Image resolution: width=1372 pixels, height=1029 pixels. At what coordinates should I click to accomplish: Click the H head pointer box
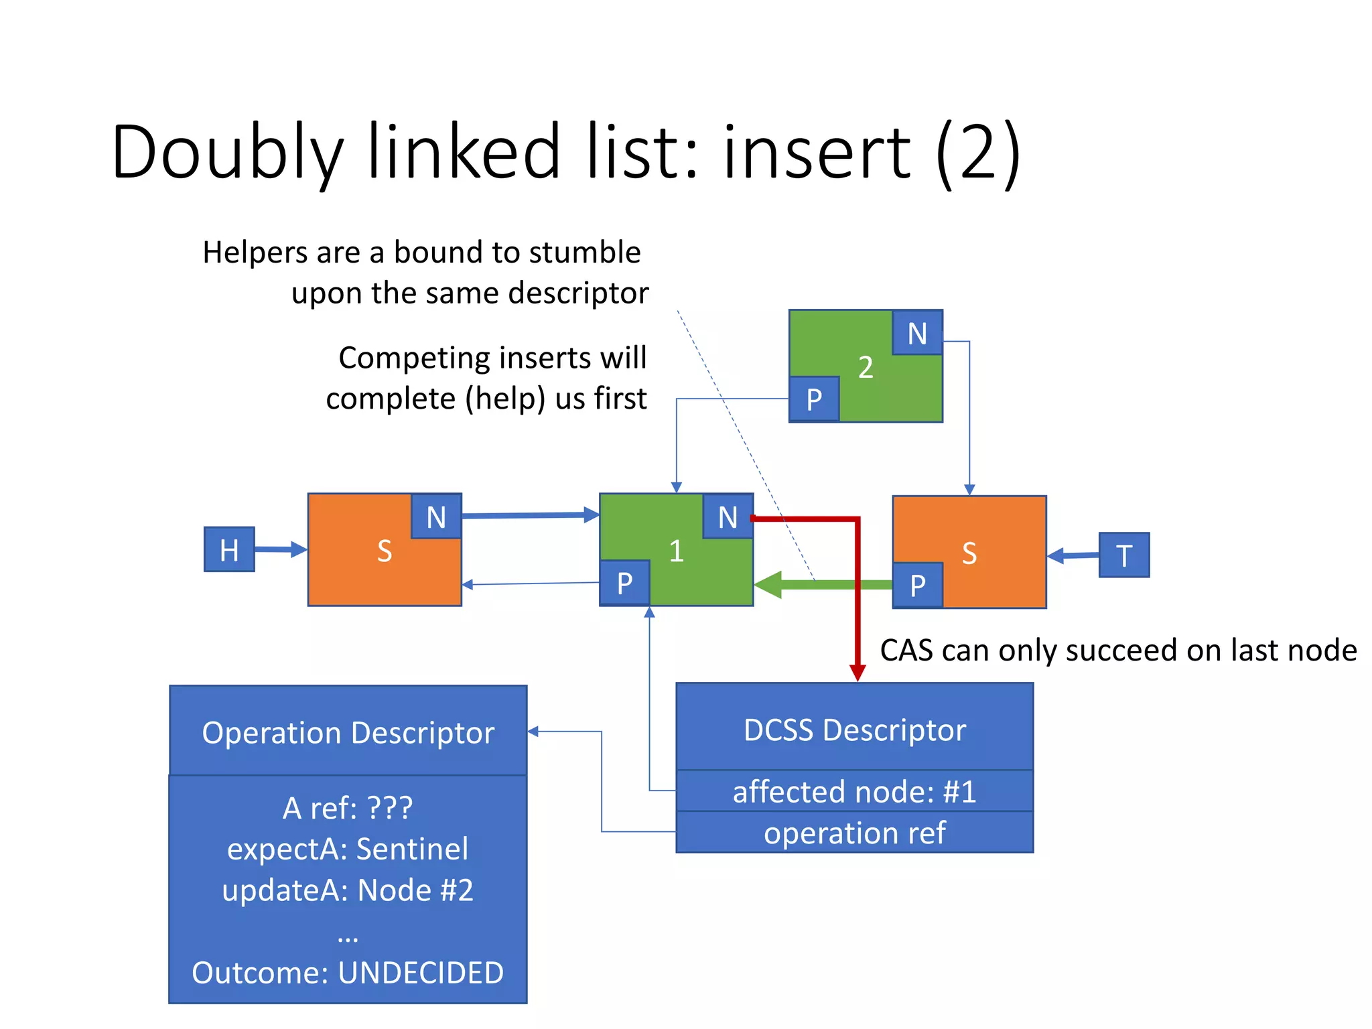(x=229, y=549)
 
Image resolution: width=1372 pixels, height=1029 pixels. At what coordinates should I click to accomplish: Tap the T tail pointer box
(x=1123, y=555)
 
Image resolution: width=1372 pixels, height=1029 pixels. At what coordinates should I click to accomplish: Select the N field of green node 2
(x=917, y=333)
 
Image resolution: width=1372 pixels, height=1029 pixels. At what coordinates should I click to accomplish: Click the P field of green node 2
(x=814, y=399)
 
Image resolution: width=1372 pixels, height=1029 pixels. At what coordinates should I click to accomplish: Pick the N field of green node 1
(x=728, y=517)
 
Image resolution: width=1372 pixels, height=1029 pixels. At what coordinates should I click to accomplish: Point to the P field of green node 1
(x=624, y=583)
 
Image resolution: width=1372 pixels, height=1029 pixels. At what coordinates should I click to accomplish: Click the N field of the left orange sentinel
(x=436, y=517)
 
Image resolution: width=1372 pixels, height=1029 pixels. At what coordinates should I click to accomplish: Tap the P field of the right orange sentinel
(x=917, y=585)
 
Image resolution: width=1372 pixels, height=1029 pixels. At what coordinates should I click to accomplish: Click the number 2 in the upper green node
(x=866, y=367)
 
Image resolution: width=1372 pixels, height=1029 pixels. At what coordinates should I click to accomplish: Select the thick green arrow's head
(x=768, y=585)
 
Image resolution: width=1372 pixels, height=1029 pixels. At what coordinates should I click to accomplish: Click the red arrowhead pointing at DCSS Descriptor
(x=857, y=673)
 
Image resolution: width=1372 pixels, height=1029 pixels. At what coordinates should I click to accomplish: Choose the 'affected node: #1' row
(x=854, y=791)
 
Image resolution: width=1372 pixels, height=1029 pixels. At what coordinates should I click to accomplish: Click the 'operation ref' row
(x=854, y=833)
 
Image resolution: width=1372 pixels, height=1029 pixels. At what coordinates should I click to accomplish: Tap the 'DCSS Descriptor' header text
(x=854, y=730)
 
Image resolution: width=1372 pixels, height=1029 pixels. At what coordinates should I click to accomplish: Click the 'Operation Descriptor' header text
(x=348, y=732)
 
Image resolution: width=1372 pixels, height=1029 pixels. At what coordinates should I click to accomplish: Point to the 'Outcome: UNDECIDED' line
(x=348, y=972)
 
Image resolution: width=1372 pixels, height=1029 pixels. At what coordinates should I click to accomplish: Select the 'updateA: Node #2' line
(x=348, y=890)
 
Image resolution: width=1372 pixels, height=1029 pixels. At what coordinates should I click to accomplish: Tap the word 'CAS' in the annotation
(x=909, y=650)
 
